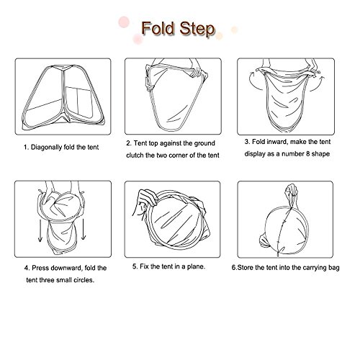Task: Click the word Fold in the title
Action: (158, 28)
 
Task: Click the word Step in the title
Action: (197, 30)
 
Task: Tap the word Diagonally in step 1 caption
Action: (46, 148)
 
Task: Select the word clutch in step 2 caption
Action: (135, 156)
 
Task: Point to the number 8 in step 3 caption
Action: (308, 153)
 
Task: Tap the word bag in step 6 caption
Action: (334, 268)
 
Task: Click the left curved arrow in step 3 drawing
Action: (253, 81)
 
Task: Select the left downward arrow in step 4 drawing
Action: (40, 230)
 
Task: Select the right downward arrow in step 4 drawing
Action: (84, 229)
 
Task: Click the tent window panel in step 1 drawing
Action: (79, 102)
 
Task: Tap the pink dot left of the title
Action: (124, 22)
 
